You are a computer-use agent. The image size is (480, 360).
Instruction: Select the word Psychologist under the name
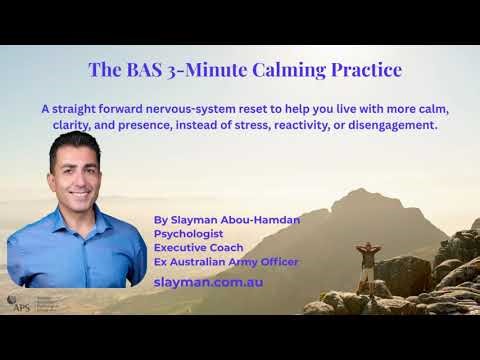[x=187, y=232]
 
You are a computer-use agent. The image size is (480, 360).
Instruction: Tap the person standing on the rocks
[x=366, y=262]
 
